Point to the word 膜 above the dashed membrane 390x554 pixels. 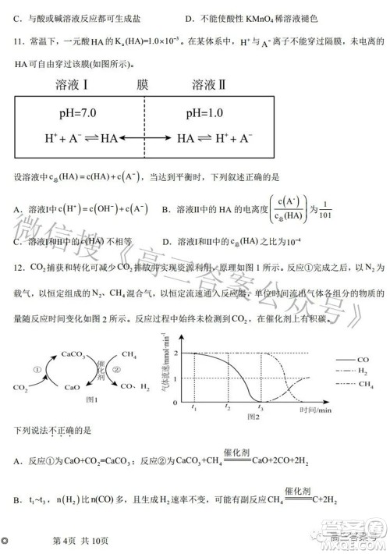tap(141, 84)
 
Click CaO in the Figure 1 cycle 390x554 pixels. tap(72, 386)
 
